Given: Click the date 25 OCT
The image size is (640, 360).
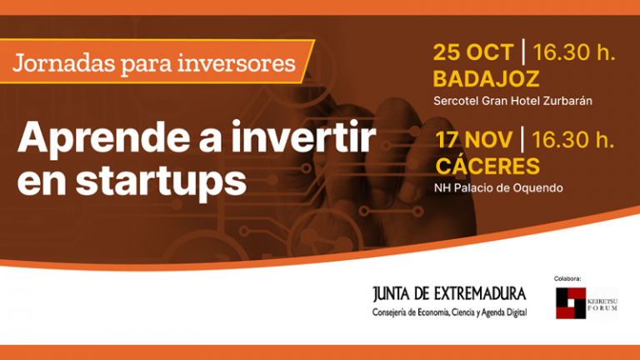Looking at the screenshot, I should (472, 52).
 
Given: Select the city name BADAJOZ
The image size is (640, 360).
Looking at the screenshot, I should (487, 79).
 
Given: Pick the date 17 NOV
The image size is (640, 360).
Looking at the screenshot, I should (473, 138).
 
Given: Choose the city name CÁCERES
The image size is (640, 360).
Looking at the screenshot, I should (487, 165).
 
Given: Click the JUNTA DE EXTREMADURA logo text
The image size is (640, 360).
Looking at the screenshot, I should (449, 293).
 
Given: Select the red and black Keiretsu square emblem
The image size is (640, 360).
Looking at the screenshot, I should (571, 303).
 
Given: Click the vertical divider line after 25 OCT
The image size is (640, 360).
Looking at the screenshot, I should (523, 52).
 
